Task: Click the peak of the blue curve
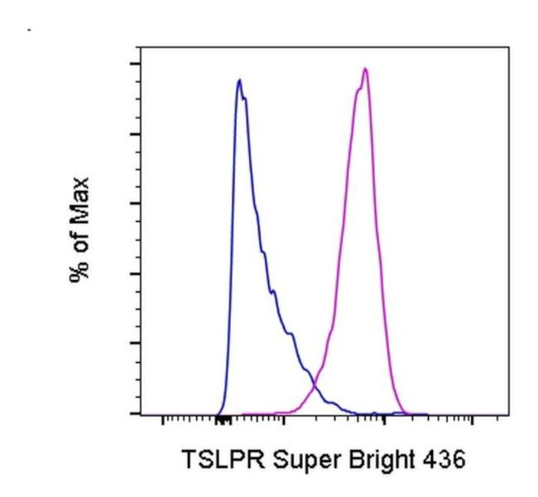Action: [239, 80]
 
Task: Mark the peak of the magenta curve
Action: [364, 69]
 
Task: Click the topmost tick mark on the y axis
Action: [133, 64]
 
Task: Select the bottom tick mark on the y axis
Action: [133, 413]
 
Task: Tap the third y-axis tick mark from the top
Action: [133, 204]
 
